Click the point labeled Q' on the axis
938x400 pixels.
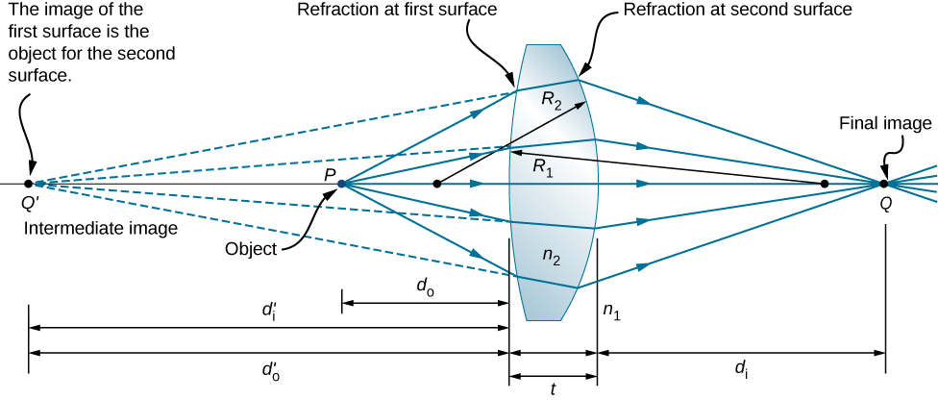(x=28, y=183)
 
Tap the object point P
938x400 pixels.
(x=342, y=183)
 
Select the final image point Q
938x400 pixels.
(x=884, y=183)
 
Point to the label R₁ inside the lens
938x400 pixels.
(x=545, y=166)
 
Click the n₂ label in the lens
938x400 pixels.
(x=551, y=257)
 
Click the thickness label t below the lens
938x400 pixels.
(x=553, y=389)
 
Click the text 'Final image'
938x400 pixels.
(x=885, y=123)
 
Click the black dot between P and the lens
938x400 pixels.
(x=437, y=183)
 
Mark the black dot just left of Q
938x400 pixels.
(x=824, y=183)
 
